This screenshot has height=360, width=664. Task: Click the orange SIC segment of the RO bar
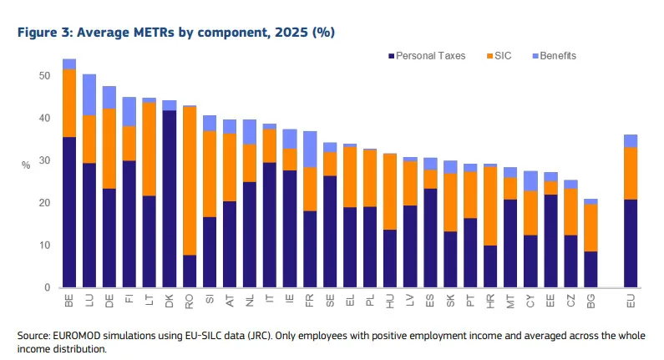coord(190,180)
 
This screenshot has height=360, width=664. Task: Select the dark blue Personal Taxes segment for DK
coord(170,199)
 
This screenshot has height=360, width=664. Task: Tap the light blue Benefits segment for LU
coord(89,95)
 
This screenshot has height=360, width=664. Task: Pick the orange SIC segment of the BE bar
coord(69,103)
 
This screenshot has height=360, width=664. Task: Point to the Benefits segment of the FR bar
coord(310,149)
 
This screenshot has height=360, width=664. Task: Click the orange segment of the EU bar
coord(631,174)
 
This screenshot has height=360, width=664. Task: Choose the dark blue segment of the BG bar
coord(591,269)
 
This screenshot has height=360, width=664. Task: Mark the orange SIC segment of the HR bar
coord(490,205)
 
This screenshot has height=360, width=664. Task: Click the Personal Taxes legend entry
coord(427,56)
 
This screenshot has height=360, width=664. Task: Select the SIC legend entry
coord(499,56)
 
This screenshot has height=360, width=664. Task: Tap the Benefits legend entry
coord(555,56)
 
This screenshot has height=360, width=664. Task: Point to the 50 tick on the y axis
coord(44,76)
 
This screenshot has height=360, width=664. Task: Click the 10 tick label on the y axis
coord(44,246)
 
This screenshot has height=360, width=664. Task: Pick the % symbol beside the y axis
coord(26,165)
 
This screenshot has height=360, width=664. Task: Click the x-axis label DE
coord(109,301)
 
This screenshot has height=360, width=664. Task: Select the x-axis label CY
coord(530,301)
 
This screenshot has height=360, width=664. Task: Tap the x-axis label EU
coord(631,302)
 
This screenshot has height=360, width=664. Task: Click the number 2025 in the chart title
coord(291,33)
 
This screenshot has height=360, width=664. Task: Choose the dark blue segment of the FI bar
coord(129,224)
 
